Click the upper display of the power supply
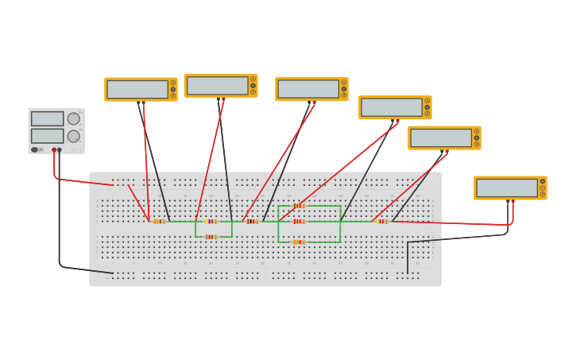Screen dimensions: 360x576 tap(47, 118)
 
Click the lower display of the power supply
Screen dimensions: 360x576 tap(47, 136)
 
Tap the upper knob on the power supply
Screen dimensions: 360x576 tap(73, 118)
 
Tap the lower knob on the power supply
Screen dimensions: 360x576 tap(73, 136)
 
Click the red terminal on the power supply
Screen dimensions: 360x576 tap(54, 149)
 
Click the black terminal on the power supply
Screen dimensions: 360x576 tap(59, 149)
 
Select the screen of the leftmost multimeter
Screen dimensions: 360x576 tap(137, 89)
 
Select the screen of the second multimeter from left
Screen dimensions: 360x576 tap(217, 85)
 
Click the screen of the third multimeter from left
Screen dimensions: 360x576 tap(308, 88)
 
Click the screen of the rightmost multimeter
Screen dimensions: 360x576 tap(507, 188)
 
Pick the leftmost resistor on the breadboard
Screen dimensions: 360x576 tap(159, 221)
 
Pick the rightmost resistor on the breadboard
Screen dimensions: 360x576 tap(382, 221)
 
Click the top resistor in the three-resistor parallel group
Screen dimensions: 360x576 tap(299, 206)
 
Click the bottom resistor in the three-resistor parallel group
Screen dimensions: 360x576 tap(299, 242)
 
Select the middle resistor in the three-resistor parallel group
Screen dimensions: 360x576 tap(299, 221)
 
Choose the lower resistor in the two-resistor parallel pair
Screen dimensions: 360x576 tap(211, 237)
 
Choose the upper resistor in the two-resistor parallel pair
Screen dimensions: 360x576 tap(211, 221)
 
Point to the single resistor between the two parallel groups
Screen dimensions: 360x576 tap(252, 221)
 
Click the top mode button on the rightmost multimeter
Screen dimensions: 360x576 tap(543, 181)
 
